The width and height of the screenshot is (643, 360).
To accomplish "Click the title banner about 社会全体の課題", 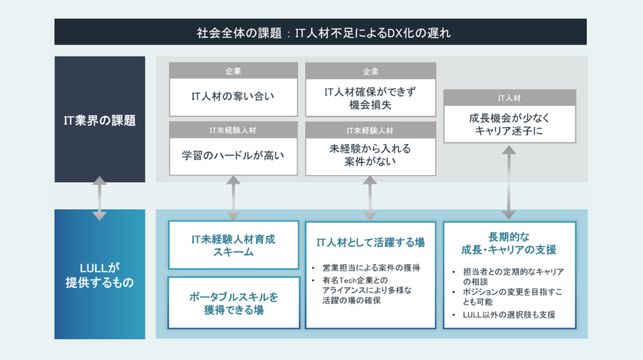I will pos(320,32).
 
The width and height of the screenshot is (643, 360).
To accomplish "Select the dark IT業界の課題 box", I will pos(99,120).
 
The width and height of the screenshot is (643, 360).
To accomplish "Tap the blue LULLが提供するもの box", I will pos(99,274).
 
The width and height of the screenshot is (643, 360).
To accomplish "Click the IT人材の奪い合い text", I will pos(233,94).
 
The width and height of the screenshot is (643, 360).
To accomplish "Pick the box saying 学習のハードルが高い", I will pos(233,155).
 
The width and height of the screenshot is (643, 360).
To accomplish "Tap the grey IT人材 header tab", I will pos(509,97).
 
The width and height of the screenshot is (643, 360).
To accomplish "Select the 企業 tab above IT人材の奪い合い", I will pos(233,71).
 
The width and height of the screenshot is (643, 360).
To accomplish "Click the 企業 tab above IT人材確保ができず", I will pos(370,71).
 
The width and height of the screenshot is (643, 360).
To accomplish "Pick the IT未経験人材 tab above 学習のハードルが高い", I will pos(233,130).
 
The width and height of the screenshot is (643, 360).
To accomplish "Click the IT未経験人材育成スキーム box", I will pos(233,246).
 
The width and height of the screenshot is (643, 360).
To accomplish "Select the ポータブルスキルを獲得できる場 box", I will pos(233,303).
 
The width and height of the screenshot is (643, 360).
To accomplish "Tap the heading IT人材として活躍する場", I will pos(370,243).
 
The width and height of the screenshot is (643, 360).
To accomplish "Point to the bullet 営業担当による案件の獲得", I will pos(371,268).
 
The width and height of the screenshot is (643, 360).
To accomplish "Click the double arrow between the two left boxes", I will pos(99,197).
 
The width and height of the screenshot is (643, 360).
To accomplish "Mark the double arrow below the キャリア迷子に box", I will pos(509,181).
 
